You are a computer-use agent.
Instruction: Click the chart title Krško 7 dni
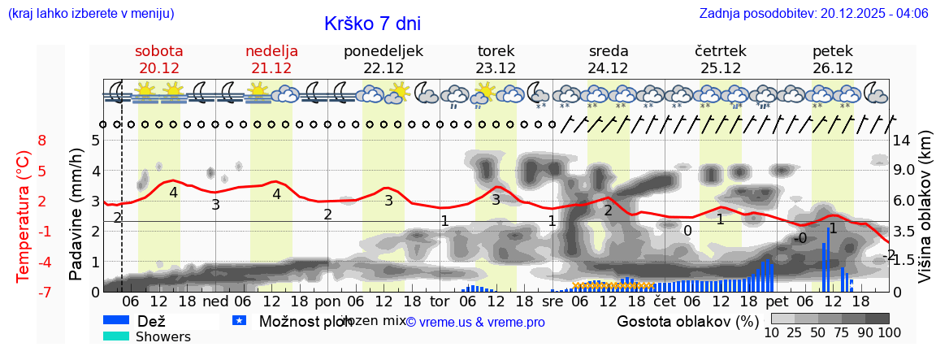tap(372, 24)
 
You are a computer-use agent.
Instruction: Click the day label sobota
tap(158, 51)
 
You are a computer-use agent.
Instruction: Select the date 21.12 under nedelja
tap(271, 68)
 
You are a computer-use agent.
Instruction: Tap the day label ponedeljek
tap(383, 51)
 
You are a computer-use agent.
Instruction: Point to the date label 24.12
tap(608, 68)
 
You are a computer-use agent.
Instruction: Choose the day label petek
tap(832, 51)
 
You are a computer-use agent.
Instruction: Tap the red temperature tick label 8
tap(41, 140)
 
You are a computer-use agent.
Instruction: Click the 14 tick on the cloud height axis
tap(903, 140)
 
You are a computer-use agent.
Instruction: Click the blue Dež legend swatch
tap(116, 321)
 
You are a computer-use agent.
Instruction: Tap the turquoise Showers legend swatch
tap(116, 336)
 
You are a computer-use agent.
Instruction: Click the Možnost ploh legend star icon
tap(239, 321)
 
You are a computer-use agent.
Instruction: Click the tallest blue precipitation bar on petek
tap(828, 259)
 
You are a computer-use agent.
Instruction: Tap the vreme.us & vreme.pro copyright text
tap(475, 322)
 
